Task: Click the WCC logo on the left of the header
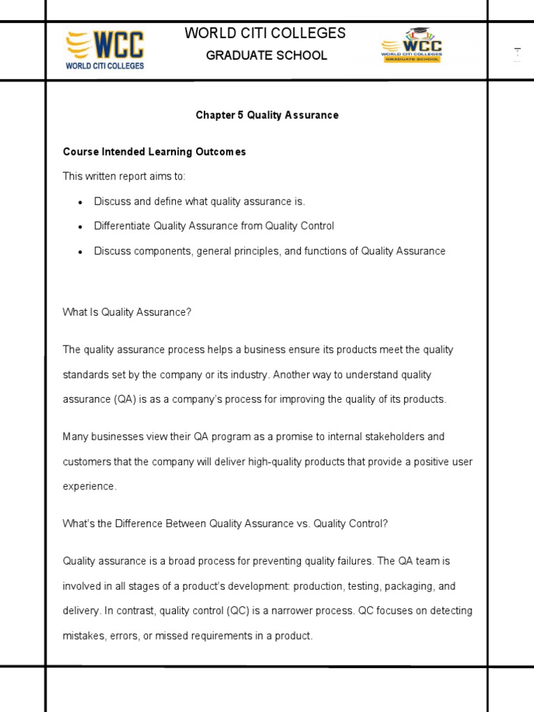(104, 50)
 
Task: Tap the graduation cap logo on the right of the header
(411, 47)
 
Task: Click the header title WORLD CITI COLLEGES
(265, 33)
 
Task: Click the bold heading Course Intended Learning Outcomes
(154, 152)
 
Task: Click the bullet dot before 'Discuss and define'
(81, 202)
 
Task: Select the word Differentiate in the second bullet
(122, 226)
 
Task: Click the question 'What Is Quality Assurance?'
(127, 312)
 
